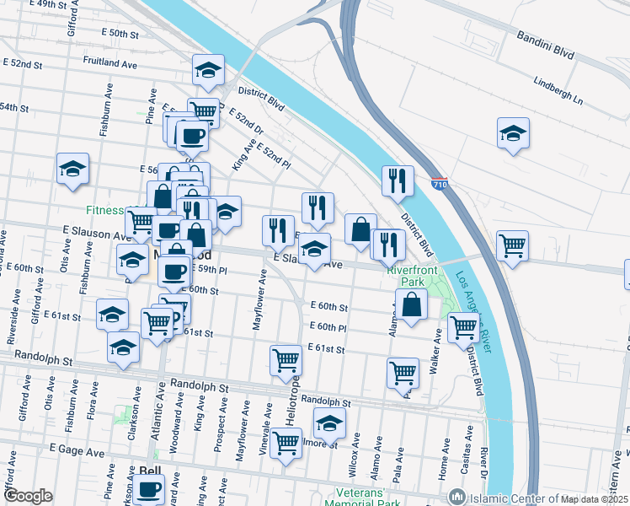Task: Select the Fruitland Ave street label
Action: point(110,62)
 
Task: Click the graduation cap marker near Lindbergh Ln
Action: point(513,133)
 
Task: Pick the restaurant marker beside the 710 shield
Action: point(397,180)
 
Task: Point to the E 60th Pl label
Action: point(328,327)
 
